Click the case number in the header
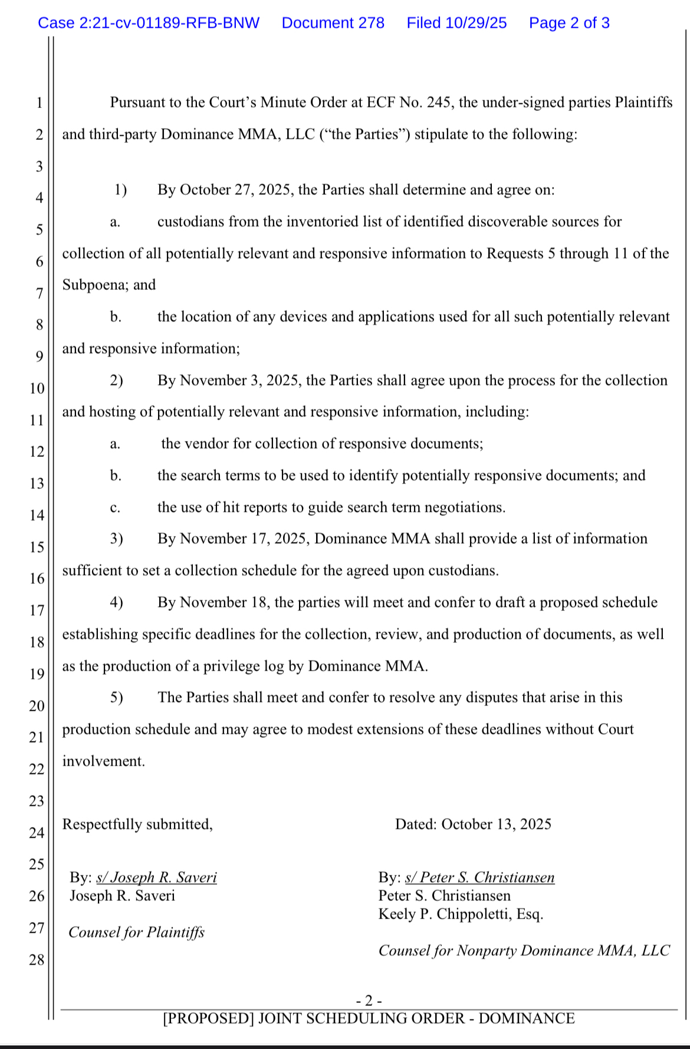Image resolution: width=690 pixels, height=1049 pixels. tap(149, 23)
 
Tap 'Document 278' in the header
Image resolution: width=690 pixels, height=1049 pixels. tap(333, 23)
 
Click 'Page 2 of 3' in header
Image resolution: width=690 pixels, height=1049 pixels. tap(569, 23)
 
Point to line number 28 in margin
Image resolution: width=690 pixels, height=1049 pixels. tap(37, 960)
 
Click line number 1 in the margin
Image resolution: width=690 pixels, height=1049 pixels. tap(40, 103)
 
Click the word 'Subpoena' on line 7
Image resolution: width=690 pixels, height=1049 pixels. tap(95, 285)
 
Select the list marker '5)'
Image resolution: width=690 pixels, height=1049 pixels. tap(116, 698)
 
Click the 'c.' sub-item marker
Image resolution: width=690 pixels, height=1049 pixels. tap(116, 508)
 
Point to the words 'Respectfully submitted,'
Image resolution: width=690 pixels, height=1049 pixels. tap(137, 824)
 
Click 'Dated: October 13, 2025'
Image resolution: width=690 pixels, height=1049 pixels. tap(473, 824)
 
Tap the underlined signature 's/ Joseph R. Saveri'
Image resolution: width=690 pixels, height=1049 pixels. tap(156, 878)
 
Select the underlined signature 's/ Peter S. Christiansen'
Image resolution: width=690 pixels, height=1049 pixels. tap(479, 878)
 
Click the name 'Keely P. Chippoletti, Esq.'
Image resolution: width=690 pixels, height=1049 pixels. tap(461, 914)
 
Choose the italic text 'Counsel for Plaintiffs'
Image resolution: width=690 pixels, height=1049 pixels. tap(136, 933)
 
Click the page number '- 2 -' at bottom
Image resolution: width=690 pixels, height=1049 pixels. tap(369, 1001)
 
